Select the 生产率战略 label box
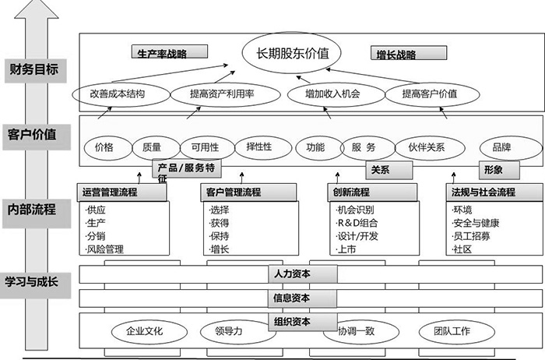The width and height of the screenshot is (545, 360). [x=168, y=54]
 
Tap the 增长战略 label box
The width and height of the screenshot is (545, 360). [x=408, y=55]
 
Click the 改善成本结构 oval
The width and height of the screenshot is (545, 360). [x=118, y=94]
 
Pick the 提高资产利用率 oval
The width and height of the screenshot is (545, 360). [x=222, y=94]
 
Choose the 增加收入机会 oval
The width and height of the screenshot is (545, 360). [x=334, y=94]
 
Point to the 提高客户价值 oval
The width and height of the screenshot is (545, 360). [x=430, y=94]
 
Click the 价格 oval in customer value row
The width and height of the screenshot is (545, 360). [x=104, y=147]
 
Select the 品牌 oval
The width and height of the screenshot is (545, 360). [x=495, y=146]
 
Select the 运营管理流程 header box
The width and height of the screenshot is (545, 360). [x=111, y=192]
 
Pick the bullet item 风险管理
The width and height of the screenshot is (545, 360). [x=107, y=249]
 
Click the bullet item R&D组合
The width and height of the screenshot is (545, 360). [x=360, y=223]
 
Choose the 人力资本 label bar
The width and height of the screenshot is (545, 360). [x=293, y=274]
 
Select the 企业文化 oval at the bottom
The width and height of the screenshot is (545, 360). [x=144, y=331]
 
